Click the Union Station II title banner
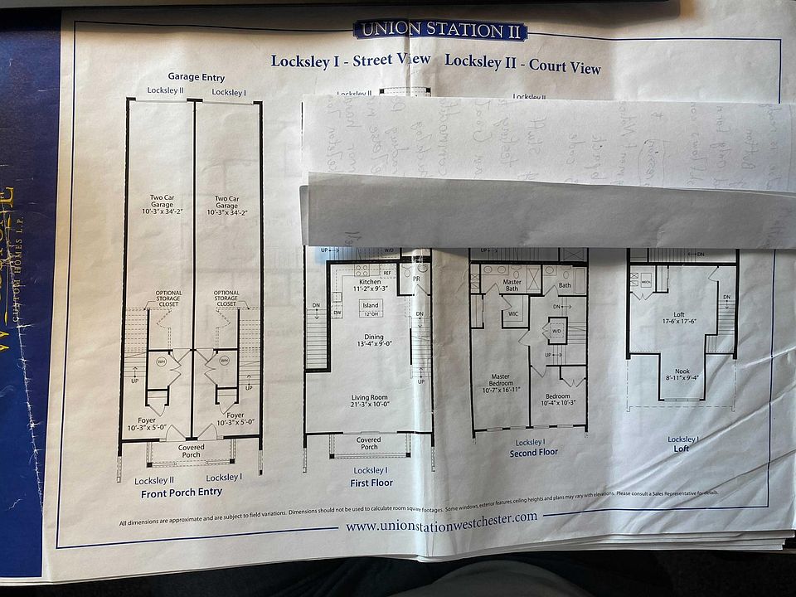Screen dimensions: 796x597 click(x=440, y=30)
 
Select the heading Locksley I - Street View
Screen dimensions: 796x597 click(x=351, y=60)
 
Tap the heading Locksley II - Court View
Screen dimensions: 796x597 click(x=522, y=63)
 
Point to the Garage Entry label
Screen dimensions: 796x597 click(x=196, y=77)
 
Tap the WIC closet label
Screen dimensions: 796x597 click(x=514, y=314)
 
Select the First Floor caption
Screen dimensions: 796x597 click(x=371, y=483)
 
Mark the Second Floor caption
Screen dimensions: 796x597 click(x=534, y=453)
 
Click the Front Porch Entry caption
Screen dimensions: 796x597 click(x=182, y=493)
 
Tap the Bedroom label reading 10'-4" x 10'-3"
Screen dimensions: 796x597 click(x=558, y=399)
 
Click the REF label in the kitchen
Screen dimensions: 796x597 click(x=387, y=272)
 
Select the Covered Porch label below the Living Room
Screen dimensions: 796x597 click(x=369, y=444)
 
